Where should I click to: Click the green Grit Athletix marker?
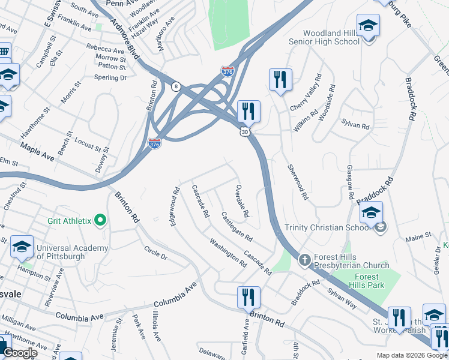100,221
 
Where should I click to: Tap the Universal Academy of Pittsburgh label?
72,253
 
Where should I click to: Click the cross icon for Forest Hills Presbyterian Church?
304,259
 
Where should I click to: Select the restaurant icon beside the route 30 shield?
248,112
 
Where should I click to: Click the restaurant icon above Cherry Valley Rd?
280,79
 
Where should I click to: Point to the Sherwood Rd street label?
298,182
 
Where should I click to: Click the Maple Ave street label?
37,151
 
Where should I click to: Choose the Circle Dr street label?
155,252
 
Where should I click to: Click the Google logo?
21,353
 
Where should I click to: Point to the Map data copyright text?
411,355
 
